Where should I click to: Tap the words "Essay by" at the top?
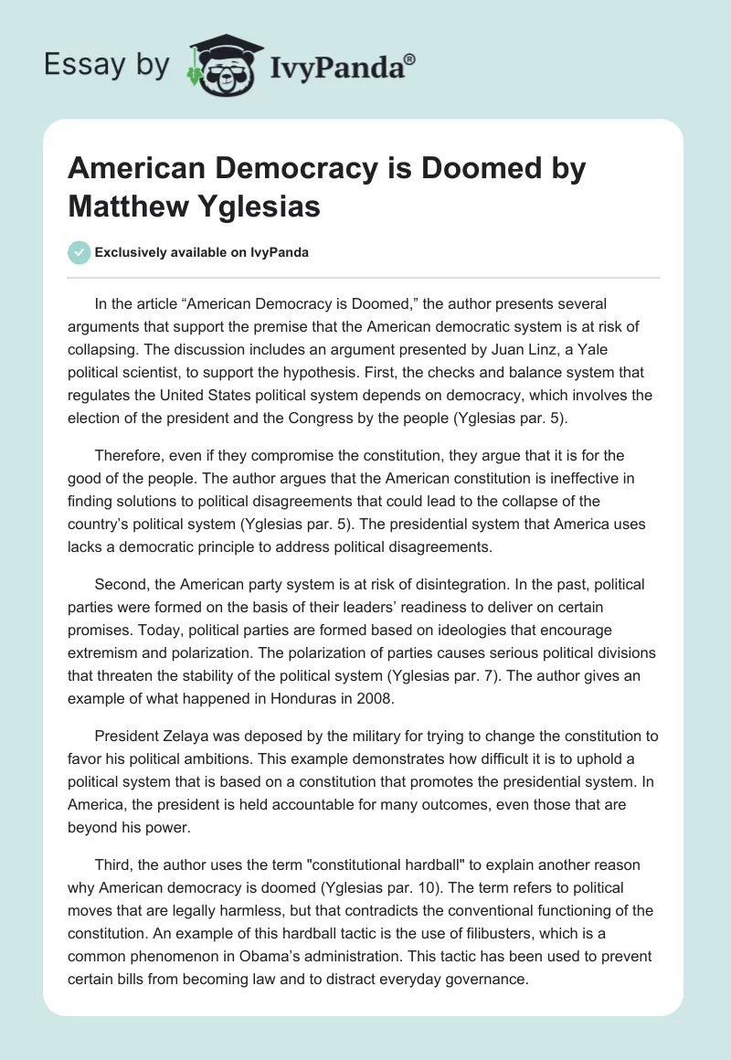click(106, 66)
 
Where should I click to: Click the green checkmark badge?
click(79, 253)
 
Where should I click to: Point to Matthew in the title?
click(128, 206)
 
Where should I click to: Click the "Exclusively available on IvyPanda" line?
click(202, 253)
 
